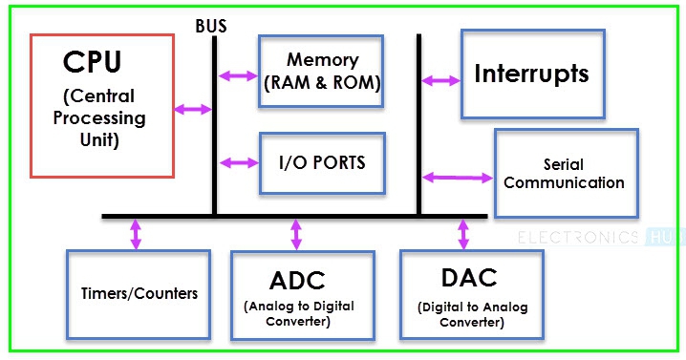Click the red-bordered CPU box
click(102, 105)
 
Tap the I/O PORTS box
click(321, 163)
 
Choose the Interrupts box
click(532, 74)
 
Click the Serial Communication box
click(565, 174)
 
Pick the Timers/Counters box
click(139, 293)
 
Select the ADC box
click(297, 295)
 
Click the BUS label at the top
click(210, 26)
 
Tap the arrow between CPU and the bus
click(193, 110)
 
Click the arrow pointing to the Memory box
click(239, 75)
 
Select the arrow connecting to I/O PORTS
click(239, 162)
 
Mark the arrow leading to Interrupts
click(440, 80)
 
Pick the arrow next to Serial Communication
click(456, 177)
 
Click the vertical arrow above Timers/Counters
click(135, 233)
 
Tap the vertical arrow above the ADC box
click(296, 234)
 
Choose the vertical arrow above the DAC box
click(464, 233)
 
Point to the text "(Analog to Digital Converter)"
click(297, 314)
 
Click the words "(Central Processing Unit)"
click(99, 119)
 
